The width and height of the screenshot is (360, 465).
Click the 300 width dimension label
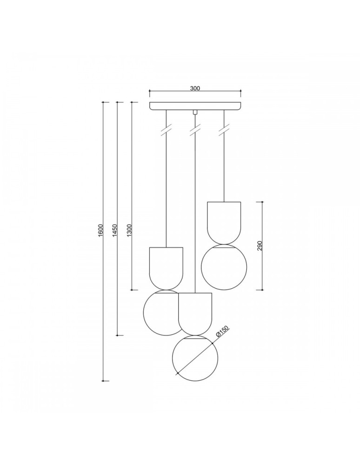195,88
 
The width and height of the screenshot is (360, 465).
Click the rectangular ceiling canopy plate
195,106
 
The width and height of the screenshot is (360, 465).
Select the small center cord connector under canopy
195,112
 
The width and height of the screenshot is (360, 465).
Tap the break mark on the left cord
166,130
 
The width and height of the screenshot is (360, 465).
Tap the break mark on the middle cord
195,130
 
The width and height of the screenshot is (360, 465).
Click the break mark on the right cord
224,130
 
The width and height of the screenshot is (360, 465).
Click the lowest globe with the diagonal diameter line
195,359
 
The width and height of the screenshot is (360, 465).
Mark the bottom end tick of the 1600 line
106,381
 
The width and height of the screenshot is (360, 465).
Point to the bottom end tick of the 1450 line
120,335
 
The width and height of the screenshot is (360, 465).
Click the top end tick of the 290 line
261,202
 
